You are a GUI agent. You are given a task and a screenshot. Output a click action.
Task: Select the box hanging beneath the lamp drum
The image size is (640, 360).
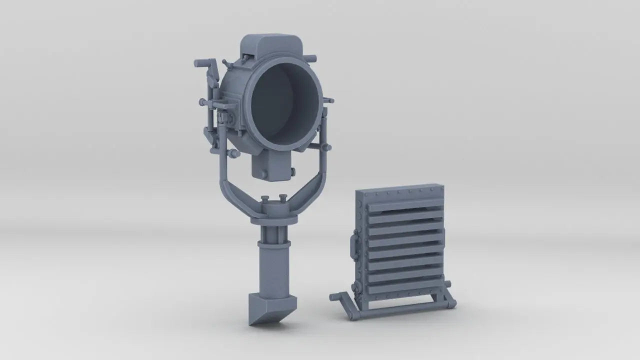[x=270, y=165]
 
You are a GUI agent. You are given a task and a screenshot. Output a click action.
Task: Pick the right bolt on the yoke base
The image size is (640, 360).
[x=283, y=198]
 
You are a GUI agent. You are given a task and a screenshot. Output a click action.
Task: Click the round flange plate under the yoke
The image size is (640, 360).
[x=272, y=217]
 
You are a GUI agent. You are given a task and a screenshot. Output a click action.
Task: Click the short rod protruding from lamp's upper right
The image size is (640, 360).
[x=310, y=57]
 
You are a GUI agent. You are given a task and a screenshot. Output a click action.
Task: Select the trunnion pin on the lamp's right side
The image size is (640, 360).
[x=327, y=147]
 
